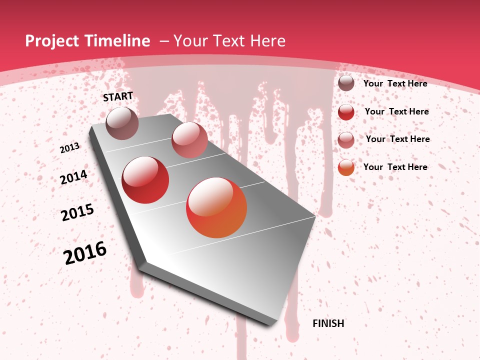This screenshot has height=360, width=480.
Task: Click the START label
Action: [118, 96]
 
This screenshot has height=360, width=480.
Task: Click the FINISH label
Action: [328, 323]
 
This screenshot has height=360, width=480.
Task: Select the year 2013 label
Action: [69, 148]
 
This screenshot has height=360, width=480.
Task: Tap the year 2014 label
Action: [73, 177]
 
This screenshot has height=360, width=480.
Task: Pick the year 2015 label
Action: [77, 212]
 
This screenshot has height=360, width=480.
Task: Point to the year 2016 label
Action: [85, 253]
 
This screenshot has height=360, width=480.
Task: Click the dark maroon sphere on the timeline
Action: [122, 123]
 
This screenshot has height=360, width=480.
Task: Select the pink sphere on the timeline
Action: [189, 139]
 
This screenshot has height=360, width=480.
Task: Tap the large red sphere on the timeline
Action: [145, 180]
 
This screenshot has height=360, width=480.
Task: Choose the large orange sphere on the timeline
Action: [216, 207]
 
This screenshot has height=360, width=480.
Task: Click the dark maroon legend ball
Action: [346, 83]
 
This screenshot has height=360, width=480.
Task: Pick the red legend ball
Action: [346, 112]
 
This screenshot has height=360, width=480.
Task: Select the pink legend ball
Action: [346, 140]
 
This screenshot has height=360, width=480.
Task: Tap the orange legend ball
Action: [346, 167]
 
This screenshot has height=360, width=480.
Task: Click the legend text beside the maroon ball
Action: [395, 83]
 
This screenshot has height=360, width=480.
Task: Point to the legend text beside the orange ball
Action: [395, 167]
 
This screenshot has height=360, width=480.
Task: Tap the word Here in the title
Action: [267, 41]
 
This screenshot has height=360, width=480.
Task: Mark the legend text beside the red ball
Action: [396, 111]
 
